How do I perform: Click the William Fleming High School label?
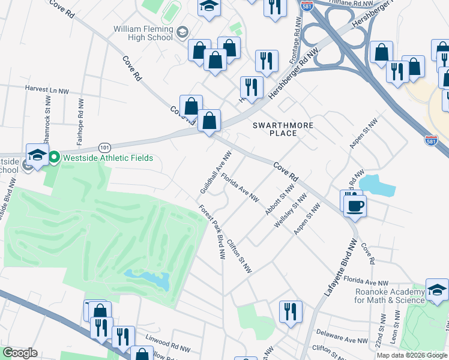coord(143,32)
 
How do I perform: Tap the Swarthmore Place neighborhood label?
coord(274,128)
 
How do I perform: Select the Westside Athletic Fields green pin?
coord(54,158)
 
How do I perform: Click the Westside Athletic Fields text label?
coord(106,158)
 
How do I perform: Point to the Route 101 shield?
coord(105,147)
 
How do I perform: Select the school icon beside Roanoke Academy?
coord(436,290)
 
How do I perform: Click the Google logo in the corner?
coord(20,352)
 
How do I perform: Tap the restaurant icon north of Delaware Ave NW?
coord(291,312)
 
